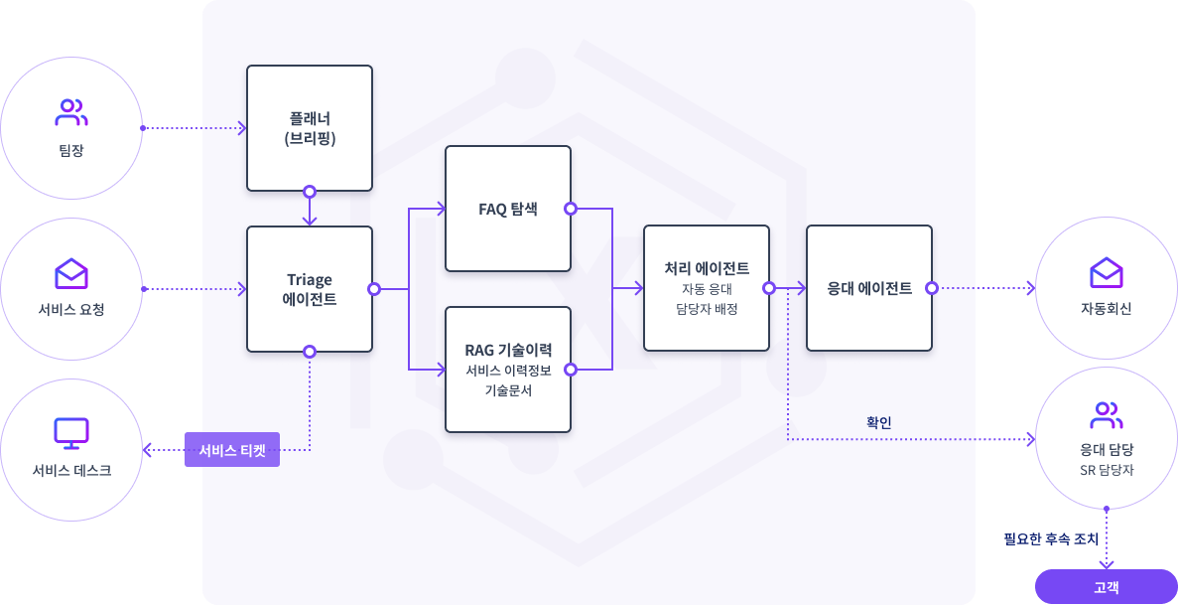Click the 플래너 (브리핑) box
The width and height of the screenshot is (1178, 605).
tap(310, 128)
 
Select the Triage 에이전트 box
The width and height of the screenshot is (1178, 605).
tap(310, 289)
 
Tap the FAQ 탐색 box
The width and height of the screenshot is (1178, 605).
tap(508, 209)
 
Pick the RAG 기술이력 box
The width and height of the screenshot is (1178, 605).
tap(508, 370)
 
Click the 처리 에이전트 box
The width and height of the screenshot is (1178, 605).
tap(707, 288)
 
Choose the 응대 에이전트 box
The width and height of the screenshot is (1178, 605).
tap(869, 288)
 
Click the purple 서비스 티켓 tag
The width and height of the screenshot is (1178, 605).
tap(232, 450)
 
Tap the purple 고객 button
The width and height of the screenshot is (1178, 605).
tap(1107, 587)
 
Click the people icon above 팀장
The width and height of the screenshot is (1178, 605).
tap(71, 112)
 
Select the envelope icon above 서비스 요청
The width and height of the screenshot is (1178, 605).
tap(71, 272)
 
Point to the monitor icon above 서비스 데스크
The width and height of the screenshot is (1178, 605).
tap(71, 433)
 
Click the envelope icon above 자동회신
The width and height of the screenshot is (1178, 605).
tap(1106, 271)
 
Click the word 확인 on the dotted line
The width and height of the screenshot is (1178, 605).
tap(879, 422)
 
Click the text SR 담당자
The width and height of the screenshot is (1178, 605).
tap(1106, 469)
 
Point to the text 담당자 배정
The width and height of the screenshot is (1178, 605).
tap(706, 308)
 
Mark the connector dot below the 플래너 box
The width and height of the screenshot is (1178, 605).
tap(310, 191)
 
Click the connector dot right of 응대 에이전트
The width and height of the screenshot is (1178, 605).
tap(932, 288)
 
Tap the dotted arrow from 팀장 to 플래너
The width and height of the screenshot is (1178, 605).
tap(194, 128)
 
